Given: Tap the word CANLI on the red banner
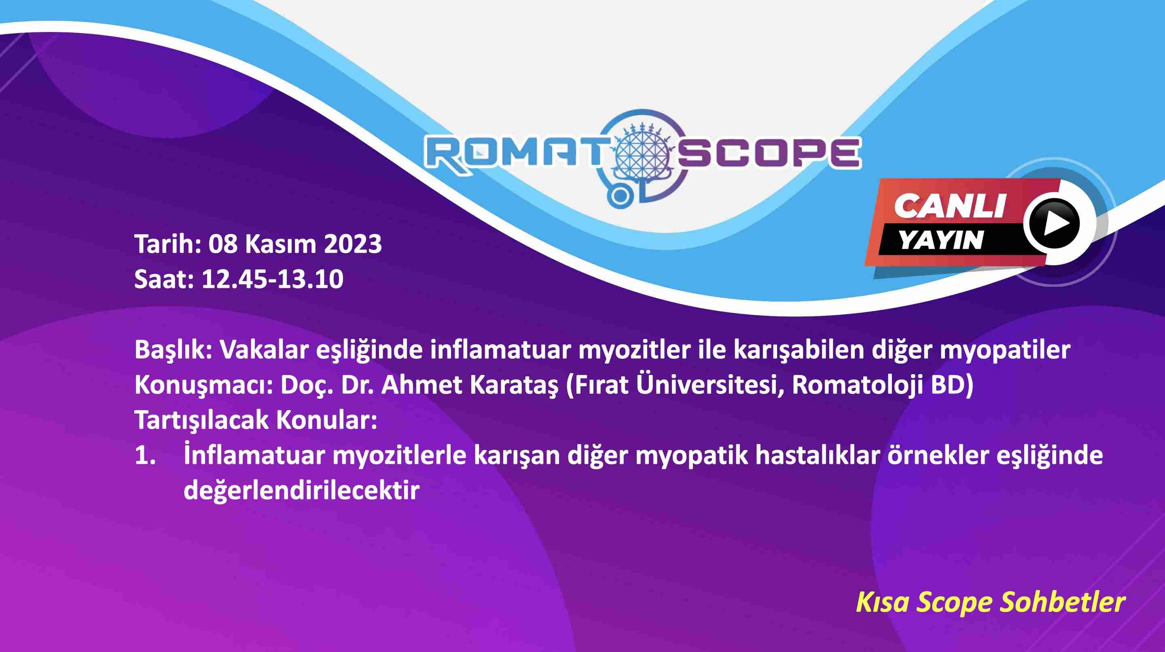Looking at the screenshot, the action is point(949,206).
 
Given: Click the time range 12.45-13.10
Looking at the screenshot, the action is point(272,279).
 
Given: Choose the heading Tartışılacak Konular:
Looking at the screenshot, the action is point(256,421).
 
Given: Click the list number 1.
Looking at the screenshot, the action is point(145,456).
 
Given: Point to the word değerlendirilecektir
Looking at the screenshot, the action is point(302,491).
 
